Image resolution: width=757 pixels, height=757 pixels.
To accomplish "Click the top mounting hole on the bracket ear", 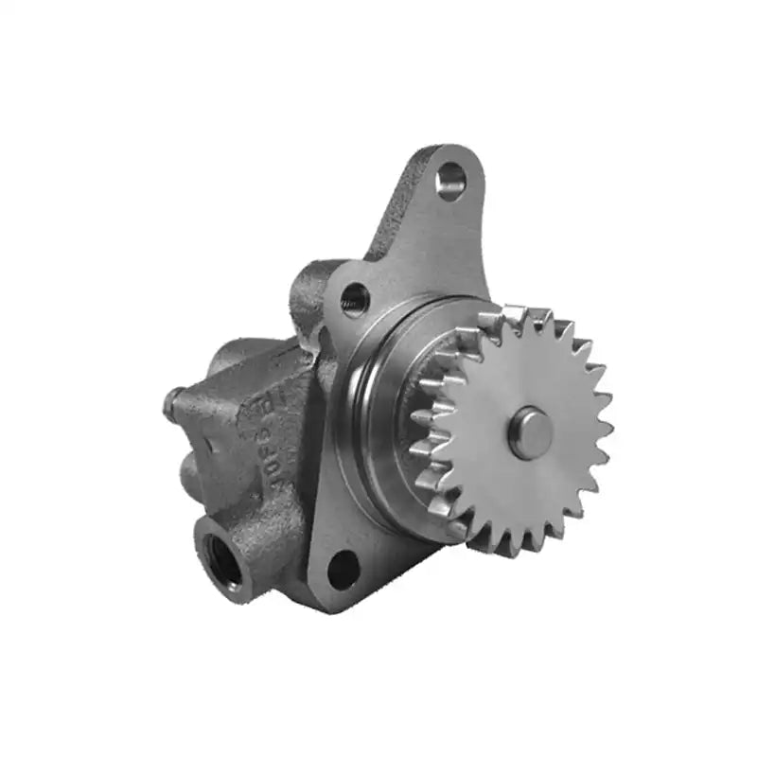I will click(x=451, y=180).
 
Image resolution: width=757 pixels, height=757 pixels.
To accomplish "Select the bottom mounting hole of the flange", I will click(x=343, y=569).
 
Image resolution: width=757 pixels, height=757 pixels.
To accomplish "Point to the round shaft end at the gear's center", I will click(x=530, y=432).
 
